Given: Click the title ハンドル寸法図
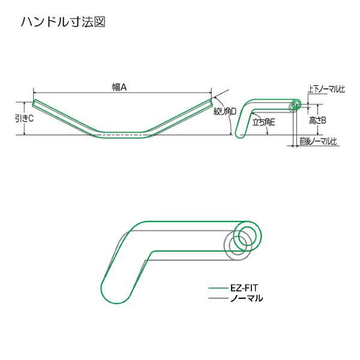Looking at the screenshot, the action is tap(63, 22).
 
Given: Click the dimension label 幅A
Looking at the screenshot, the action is tap(119, 87).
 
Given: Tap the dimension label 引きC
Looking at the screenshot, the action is tap(25, 118).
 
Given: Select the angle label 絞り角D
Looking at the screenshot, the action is tap(225, 112).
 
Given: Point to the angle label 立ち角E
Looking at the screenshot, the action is tap(263, 122).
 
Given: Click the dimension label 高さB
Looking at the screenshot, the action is tap(317, 121).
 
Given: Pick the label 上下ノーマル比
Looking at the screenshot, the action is tap(326, 89).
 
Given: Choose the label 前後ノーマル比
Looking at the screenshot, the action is tap(318, 141).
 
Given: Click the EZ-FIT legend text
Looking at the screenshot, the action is tap(244, 288).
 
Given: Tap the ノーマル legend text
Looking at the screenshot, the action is tap(247, 298).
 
